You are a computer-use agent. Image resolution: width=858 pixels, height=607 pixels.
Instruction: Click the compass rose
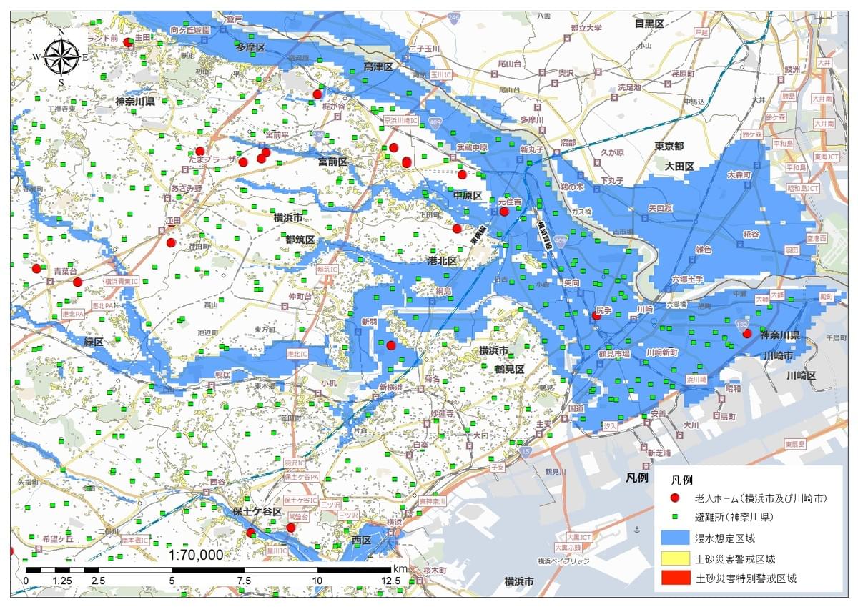(61, 56)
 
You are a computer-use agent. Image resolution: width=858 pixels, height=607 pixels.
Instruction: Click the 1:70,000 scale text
(195, 555)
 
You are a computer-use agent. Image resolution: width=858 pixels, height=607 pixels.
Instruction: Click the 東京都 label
(669, 146)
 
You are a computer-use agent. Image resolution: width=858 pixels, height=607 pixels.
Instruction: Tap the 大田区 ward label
(679, 166)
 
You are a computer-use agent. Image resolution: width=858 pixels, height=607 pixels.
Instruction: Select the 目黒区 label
(650, 24)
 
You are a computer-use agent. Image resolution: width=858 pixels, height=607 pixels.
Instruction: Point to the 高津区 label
(378, 66)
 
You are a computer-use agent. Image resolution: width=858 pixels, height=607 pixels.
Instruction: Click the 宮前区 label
(332, 162)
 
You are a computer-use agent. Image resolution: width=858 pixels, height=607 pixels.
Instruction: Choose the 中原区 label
(468, 195)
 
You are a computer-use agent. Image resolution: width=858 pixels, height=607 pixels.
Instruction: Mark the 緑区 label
(94, 342)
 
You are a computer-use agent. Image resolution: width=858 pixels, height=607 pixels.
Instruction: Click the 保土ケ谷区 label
(257, 512)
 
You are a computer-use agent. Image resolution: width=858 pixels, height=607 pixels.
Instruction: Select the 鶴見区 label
(509, 369)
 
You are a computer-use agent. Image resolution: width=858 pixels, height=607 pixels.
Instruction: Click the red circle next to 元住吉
(504, 212)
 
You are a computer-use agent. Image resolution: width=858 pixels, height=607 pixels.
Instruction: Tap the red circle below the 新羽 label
(390, 345)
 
